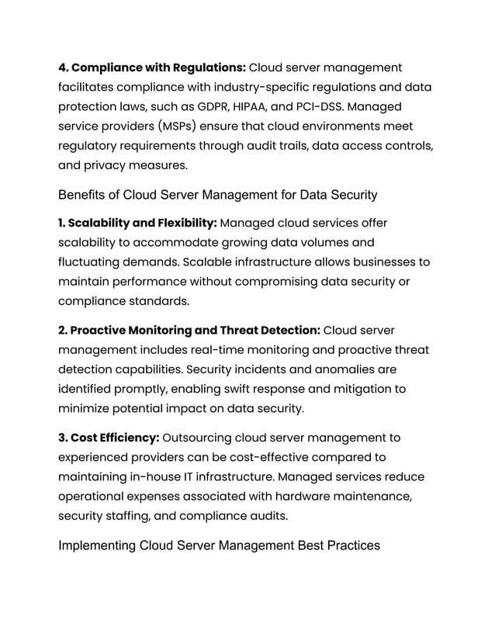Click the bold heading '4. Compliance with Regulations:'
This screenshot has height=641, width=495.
pyautogui.click(x=152, y=68)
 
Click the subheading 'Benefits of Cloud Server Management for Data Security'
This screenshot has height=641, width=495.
pyautogui.click(x=217, y=194)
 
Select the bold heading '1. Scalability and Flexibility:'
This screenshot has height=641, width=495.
pyautogui.click(x=137, y=223)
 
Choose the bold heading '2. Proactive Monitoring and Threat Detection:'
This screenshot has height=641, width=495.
pyautogui.click(x=189, y=331)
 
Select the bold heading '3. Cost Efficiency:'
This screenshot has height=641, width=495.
pyautogui.click(x=109, y=438)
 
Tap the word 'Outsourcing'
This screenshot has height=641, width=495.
pyautogui.click(x=199, y=438)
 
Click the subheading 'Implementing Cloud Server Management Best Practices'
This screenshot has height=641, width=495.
pyautogui.click(x=219, y=546)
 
